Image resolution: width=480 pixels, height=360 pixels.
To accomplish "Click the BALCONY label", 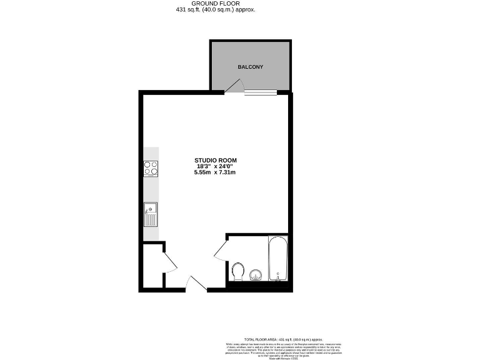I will click(x=250, y=67).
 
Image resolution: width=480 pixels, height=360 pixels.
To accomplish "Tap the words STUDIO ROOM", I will click(x=216, y=160).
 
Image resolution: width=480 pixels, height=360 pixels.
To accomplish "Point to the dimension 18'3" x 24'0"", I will click(x=216, y=166).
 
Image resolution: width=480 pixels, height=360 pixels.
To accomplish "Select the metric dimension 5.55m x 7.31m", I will click(x=216, y=172).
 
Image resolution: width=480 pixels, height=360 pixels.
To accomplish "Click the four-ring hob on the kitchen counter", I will click(x=151, y=167).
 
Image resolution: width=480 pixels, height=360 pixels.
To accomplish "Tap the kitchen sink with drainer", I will click(x=151, y=215).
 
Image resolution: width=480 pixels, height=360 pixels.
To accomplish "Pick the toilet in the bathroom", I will click(x=237, y=271).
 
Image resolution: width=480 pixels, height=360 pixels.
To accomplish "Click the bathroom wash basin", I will click(x=255, y=275).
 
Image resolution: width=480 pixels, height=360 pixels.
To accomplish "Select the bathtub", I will click(x=277, y=258).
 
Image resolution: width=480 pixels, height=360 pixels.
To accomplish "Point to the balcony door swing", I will click(x=234, y=87).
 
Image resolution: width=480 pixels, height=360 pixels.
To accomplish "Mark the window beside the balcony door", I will click(x=260, y=93).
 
